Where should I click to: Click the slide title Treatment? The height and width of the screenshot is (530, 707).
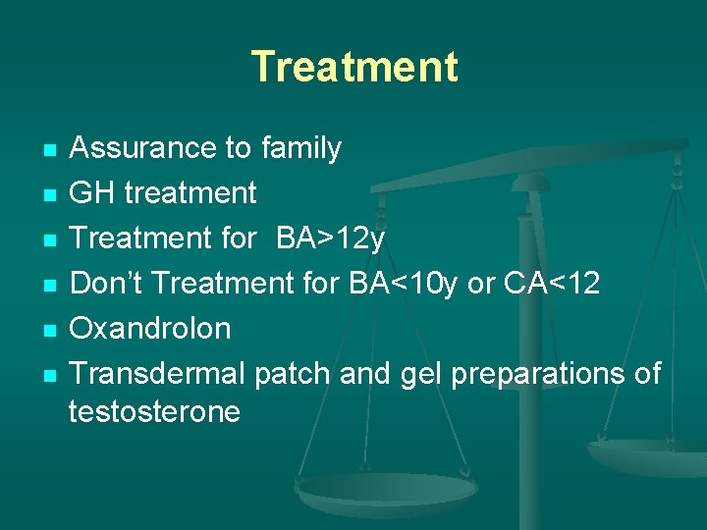[353, 67]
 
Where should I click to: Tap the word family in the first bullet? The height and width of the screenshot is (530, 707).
[301, 148]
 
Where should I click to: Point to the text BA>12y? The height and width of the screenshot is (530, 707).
[331, 238]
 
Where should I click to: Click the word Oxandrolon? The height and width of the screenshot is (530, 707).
[150, 329]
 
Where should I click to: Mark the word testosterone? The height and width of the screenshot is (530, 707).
[154, 411]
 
